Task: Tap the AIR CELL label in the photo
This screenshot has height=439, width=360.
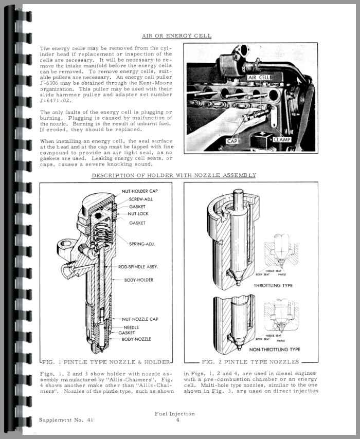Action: coord(259,77)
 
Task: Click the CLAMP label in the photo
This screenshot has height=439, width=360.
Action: coord(281,139)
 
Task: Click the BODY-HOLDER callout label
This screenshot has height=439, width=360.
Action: coord(138,280)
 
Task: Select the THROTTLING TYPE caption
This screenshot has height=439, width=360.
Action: coord(273,285)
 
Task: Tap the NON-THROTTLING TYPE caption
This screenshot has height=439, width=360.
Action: coord(275,349)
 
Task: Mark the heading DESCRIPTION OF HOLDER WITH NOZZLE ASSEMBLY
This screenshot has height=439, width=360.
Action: coord(173,175)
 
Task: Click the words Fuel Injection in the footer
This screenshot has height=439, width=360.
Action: coord(175,413)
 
